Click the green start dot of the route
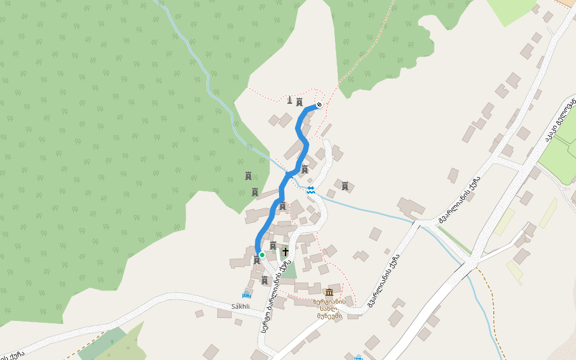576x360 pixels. point(262,255)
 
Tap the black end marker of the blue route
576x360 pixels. point(319,105)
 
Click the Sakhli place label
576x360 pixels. point(240,306)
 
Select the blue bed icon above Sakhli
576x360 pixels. point(245,295)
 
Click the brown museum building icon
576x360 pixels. point(329,292)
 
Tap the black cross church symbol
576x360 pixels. point(285,251)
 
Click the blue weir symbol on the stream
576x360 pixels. point(311,190)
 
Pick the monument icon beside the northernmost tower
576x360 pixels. point(289,101)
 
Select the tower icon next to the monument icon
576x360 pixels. point(299,101)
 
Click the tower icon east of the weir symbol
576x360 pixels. point(345,186)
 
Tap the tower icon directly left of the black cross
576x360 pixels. point(273,245)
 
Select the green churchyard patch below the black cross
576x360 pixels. point(289,269)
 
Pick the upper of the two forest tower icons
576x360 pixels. point(248,176)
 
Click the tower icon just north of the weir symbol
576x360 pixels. point(305,169)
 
